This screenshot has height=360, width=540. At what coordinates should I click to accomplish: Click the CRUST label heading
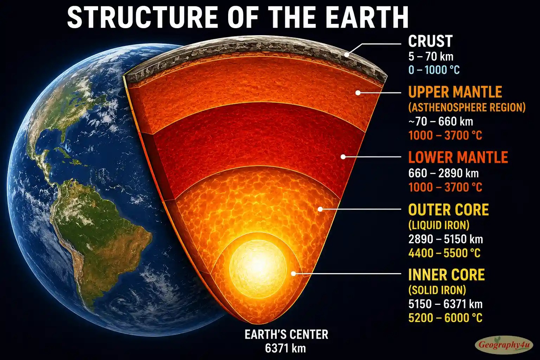pyautogui.click(x=430, y=41)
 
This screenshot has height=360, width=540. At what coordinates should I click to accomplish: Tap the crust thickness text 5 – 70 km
pyautogui.click(x=431, y=57)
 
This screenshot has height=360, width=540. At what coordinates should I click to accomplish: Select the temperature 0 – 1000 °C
pyautogui.click(x=434, y=70)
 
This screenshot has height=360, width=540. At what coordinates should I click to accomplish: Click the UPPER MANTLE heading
pyautogui.click(x=455, y=92)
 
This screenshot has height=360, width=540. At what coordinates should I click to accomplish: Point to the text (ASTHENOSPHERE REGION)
pyautogui.click(x=467, y=107)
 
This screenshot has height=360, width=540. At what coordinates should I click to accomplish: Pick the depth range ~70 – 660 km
pyautogui.click(x=441, y=122)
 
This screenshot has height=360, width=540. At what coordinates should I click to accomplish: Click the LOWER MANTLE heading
pyautogui.click(x=458, y=157)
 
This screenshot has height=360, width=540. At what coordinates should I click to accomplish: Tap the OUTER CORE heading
pyautogui.click(x=448, y=210)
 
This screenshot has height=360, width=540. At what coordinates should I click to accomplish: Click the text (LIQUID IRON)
pyautogui.click(x=439, y=225)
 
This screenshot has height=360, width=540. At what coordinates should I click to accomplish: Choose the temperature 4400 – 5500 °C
pyautogui.click(x=444, y=253)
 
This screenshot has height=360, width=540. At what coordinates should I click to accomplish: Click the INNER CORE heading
pyautogui.click(x=446, y=275)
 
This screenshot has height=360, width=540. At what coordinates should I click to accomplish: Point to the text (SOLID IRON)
pyautogui.click(x=437, y=290)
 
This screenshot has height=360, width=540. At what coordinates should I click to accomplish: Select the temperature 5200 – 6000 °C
pyautogui.click(x=445, y=318)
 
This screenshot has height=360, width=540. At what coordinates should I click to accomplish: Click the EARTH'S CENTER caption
pyautogui.click(x=287, y=334)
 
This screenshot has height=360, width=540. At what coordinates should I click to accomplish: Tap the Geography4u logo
pyautogui.click(x=504, y=345)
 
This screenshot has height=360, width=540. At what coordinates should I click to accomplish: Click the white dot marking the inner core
pyautogui.click(x=294, y=274)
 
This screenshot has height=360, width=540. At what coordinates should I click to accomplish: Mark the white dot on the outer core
pyautogui.click(x=320, y=209)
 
